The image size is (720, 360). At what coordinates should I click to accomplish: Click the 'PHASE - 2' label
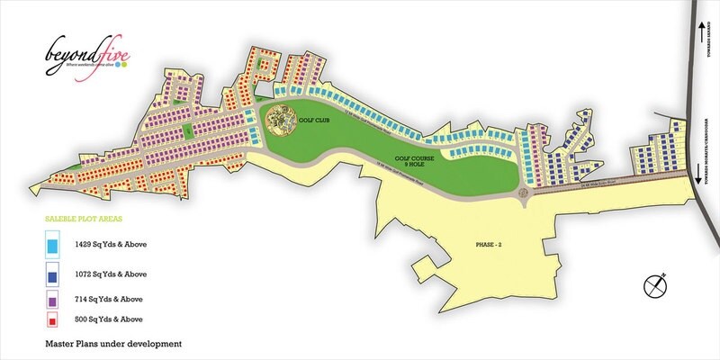491,244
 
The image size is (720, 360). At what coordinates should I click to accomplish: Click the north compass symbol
655,285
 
